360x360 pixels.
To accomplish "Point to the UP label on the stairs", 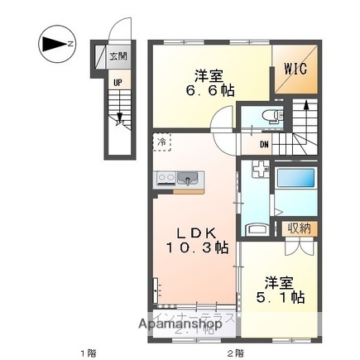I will [x=118, y=84].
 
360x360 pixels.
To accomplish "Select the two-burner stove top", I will [x=164, y=176].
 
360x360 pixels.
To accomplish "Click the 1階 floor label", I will [x=89, y=353].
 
